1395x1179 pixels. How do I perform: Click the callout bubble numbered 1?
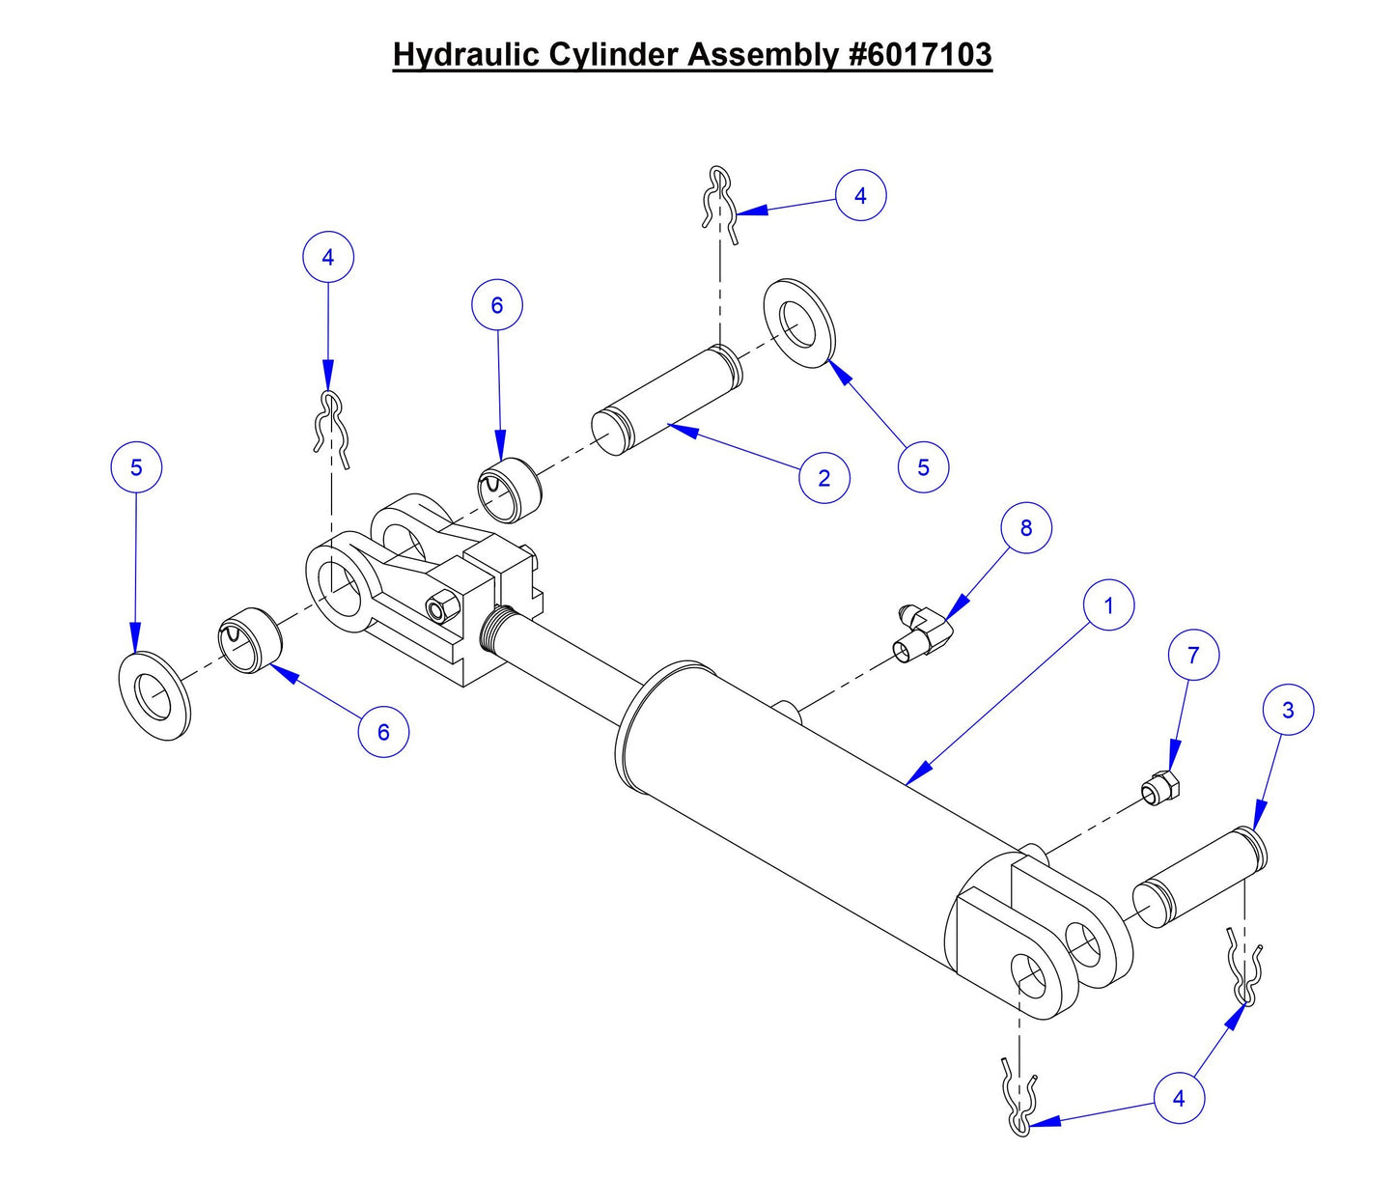click(x=1108, y=605)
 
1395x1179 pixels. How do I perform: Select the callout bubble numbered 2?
click(x=823, y=478)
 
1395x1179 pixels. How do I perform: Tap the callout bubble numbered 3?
click(x=1288, y=710)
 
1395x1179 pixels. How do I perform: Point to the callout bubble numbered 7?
click(x=1193, y=656)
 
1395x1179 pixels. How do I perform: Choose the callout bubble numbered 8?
click(x=1025, y=528)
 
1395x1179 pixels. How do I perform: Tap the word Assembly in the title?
click(x=764, y=54)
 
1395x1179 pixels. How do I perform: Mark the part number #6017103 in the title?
click(x=919, y=54)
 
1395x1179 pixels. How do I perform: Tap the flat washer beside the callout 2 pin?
click(x=800, y=323)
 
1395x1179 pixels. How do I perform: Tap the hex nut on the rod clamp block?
click(x=437, y=606)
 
